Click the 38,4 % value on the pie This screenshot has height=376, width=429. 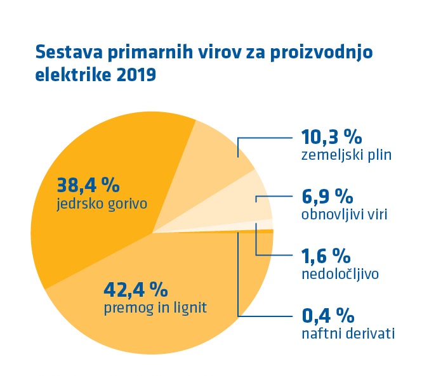click(88, 185)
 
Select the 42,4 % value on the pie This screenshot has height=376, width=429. click(135, 290)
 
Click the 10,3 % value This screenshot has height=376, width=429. click(331, 136)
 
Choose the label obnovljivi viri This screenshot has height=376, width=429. click(344, 214)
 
